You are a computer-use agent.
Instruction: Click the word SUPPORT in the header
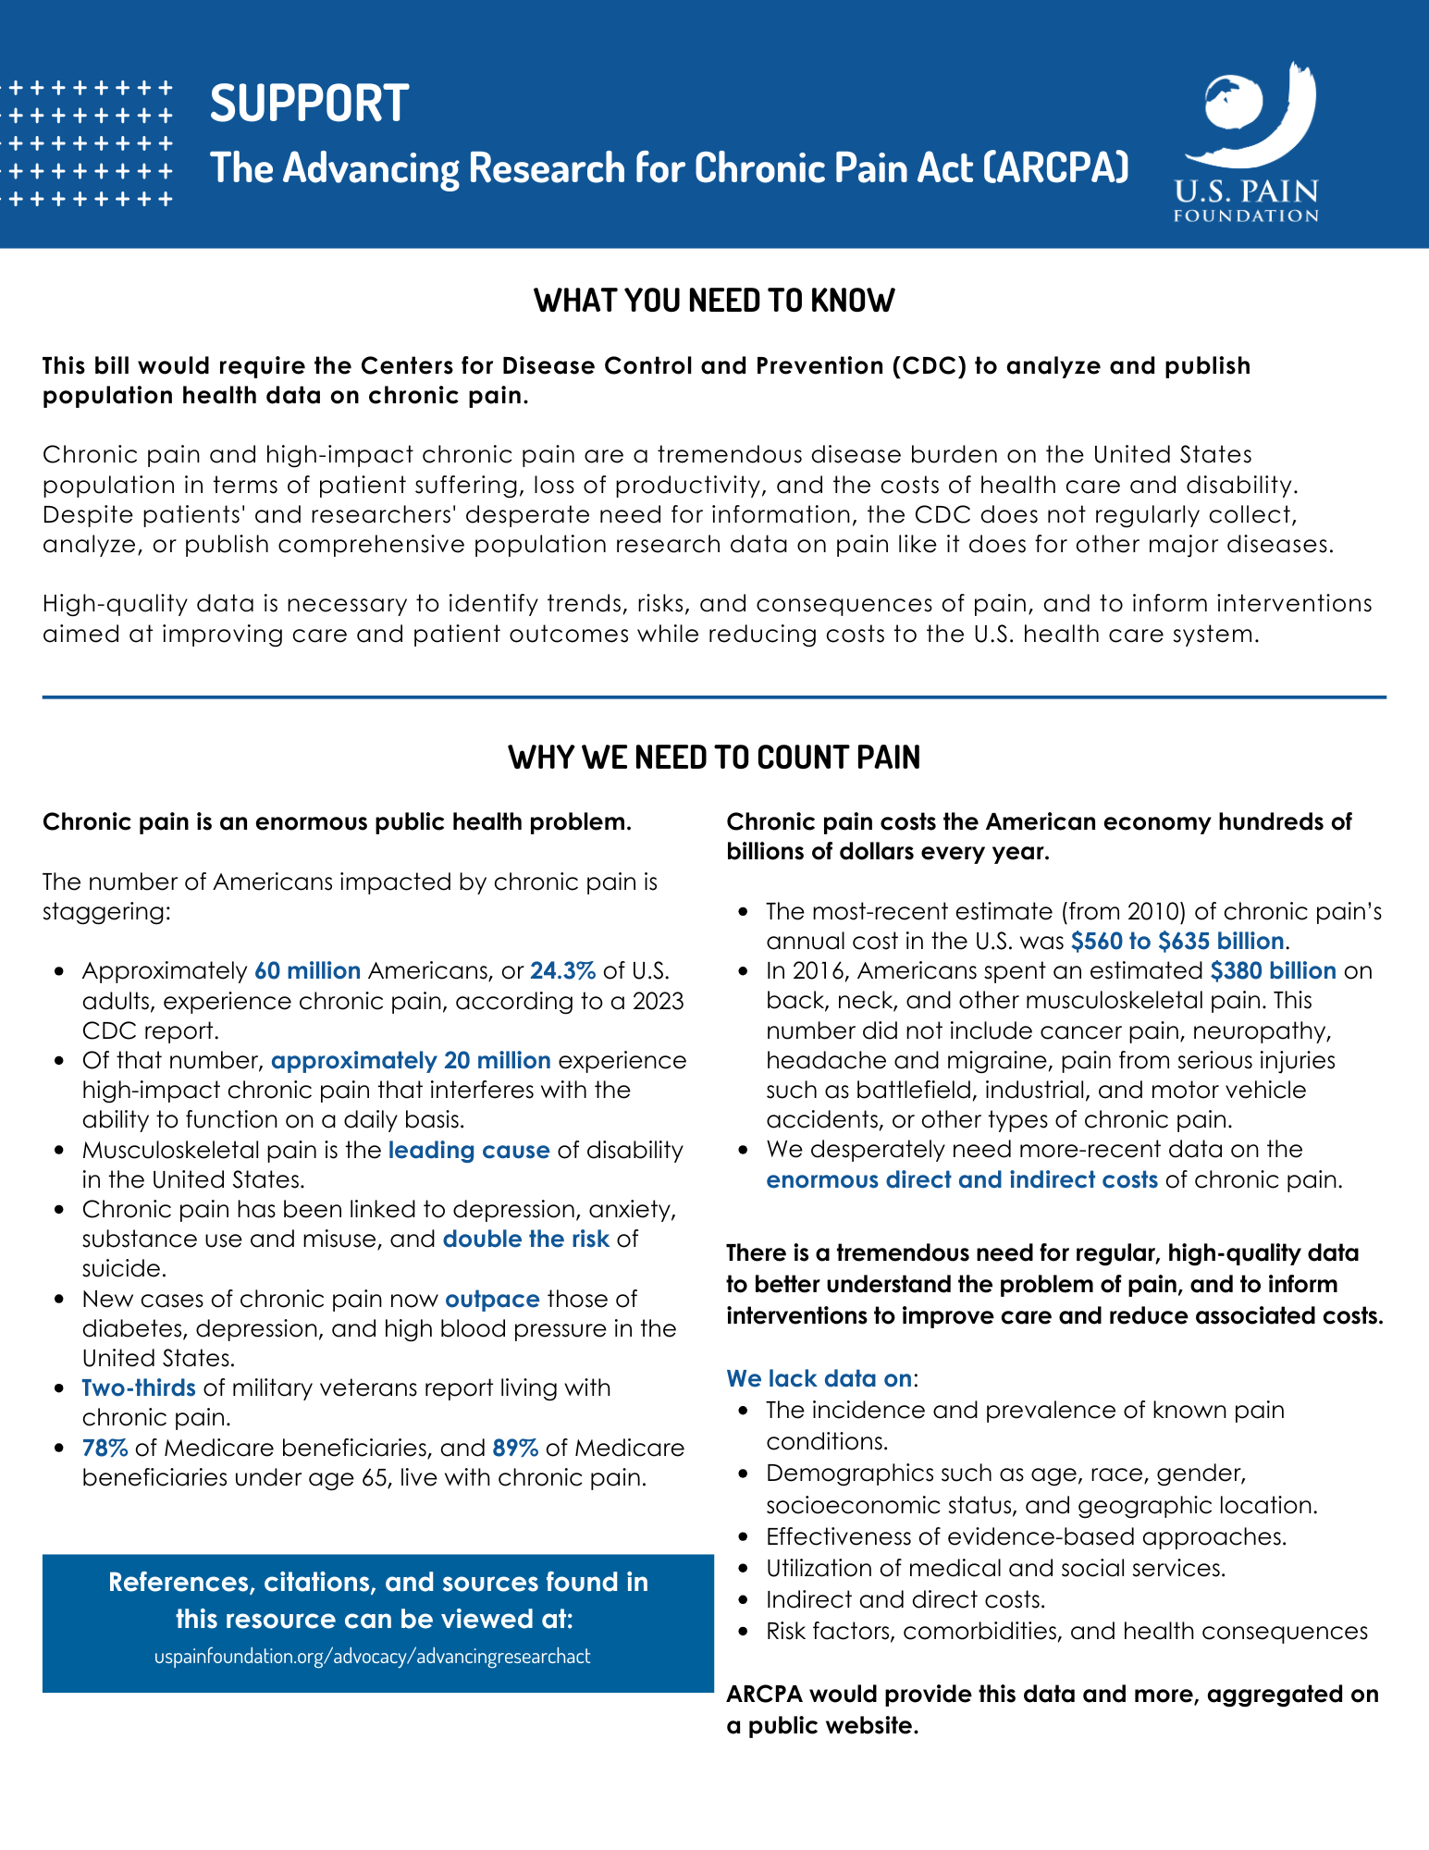click(309, 103)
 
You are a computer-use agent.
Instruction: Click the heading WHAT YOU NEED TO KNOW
click(714, 301)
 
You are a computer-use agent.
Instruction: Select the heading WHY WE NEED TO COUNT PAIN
click(714, 757)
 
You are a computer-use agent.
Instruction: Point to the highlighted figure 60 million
click(307, 970)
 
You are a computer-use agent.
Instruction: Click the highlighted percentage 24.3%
click(562, 970)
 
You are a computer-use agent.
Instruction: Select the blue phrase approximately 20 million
click(411, 1060)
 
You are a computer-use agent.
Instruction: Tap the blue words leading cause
click(469, 1150)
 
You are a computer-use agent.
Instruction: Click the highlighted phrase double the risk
click(525, 1239)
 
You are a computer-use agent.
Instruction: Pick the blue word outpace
click(492, 1299)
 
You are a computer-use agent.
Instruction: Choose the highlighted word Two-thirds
click(139, 1387)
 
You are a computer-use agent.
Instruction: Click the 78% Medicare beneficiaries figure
click(105, 1448)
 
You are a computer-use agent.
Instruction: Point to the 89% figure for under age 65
click(516, 1448)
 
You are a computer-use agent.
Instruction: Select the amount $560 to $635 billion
click(1177, 941)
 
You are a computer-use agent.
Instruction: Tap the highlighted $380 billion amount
click(1273, 970)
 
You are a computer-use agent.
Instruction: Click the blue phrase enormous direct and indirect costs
click(962, 1179)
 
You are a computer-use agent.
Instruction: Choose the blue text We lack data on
click(819, 1378)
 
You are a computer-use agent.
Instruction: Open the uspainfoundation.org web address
click(372, 1656)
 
